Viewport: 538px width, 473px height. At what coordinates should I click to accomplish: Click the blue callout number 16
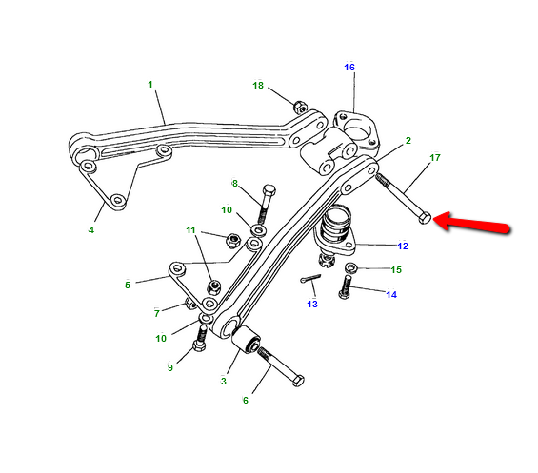(x=349, y=68)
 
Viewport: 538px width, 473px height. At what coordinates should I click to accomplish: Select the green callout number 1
(x=150, y=85)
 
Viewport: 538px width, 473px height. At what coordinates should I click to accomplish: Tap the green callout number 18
(x=258, y=85)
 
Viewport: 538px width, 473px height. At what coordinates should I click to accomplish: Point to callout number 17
(x=435, y=157)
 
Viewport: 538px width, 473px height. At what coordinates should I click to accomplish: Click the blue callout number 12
(x=403, y=246)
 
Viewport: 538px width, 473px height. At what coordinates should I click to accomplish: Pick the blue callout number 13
(x=312, y=304)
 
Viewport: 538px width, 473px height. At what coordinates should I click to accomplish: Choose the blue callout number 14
(x=391, y=294)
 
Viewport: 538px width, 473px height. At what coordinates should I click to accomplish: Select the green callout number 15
(x=396, y=270)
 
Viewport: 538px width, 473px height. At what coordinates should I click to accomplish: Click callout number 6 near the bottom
(x=246, y=401)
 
